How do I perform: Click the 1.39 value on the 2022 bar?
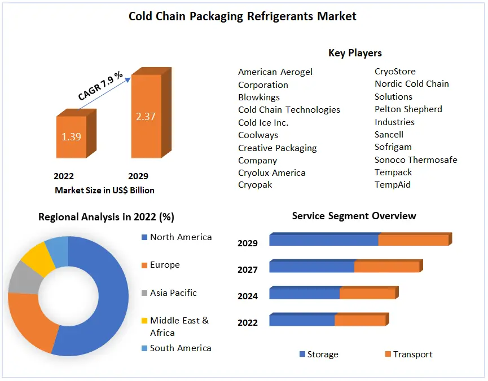pyautogui.click(x=71, y=136)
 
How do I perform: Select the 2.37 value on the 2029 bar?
pyautogui.click(x=146, y=117)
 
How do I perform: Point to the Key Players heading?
pyautogui.click(x=355, y=53)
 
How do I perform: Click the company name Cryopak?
pyautogui.click(x=255, y=185)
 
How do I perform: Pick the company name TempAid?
pyautogui.click(x=393, y=185)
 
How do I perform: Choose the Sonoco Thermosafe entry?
pyautogui.click(x=416, y=160)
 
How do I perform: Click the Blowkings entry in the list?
pyautogui.click(x=259, y=97)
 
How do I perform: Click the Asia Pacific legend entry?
pyautogui.click(x=173, y=293)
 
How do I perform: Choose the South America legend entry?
pyautogui.click(x=180, y=348)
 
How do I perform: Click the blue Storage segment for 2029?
pyautogui.click(x=323, y=240)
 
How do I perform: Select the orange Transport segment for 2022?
pyautogui.click(x=359, y=320)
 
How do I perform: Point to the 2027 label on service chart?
pyautogui.click(x=248, y=270)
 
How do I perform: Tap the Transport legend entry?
pyautogui.click(x=412, y=355)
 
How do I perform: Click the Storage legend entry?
pyautogui.click(x=322, y=355)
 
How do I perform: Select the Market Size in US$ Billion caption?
pyautogui.click(x=104, y=191)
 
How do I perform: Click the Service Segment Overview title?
pyautogui.click(x=354, y=216)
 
